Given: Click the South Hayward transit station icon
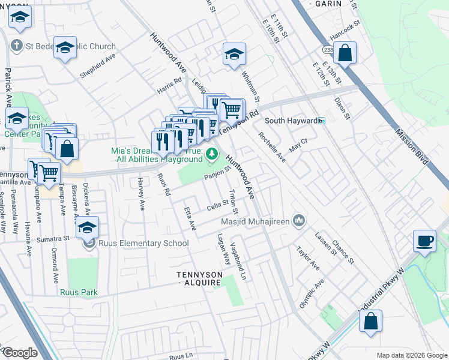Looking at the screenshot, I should [321, 121].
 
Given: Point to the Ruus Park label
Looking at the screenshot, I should [79, 292].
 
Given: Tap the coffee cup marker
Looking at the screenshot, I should [425, 241].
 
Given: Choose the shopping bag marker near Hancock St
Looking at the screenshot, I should [346, 53].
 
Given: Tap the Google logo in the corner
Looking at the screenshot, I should [20, 353].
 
